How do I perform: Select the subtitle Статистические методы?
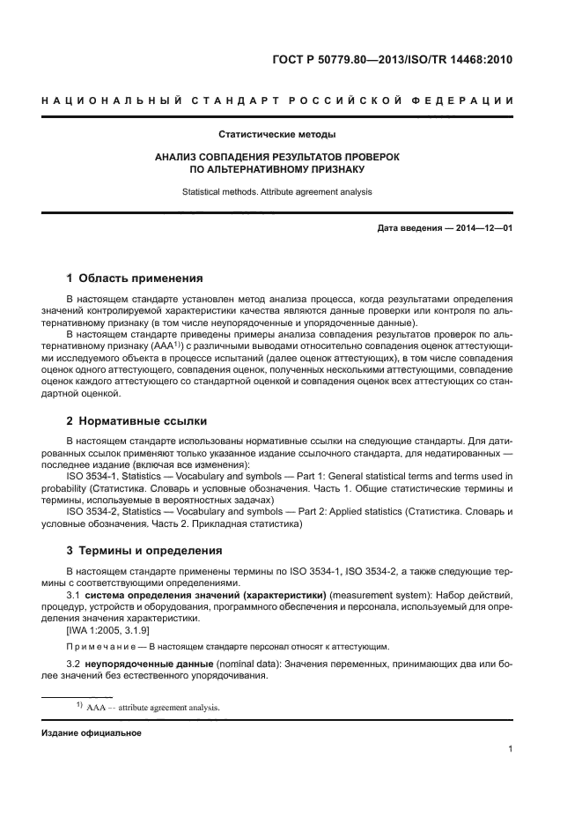(x=276, y=135)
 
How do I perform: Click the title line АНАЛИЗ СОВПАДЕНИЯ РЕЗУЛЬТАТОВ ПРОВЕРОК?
(x=276, y=156)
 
